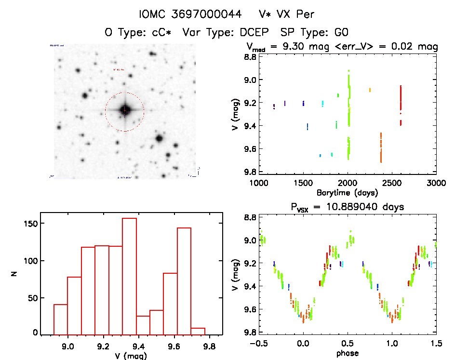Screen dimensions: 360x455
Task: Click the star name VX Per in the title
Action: [x=286, y=15]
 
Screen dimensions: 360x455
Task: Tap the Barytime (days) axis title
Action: [x=347, y=192]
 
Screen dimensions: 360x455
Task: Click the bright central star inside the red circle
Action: [x=125, y=110]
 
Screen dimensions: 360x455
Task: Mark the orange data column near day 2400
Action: [x=381, y=148]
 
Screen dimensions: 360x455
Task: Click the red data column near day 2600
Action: [x=401, y=104]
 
